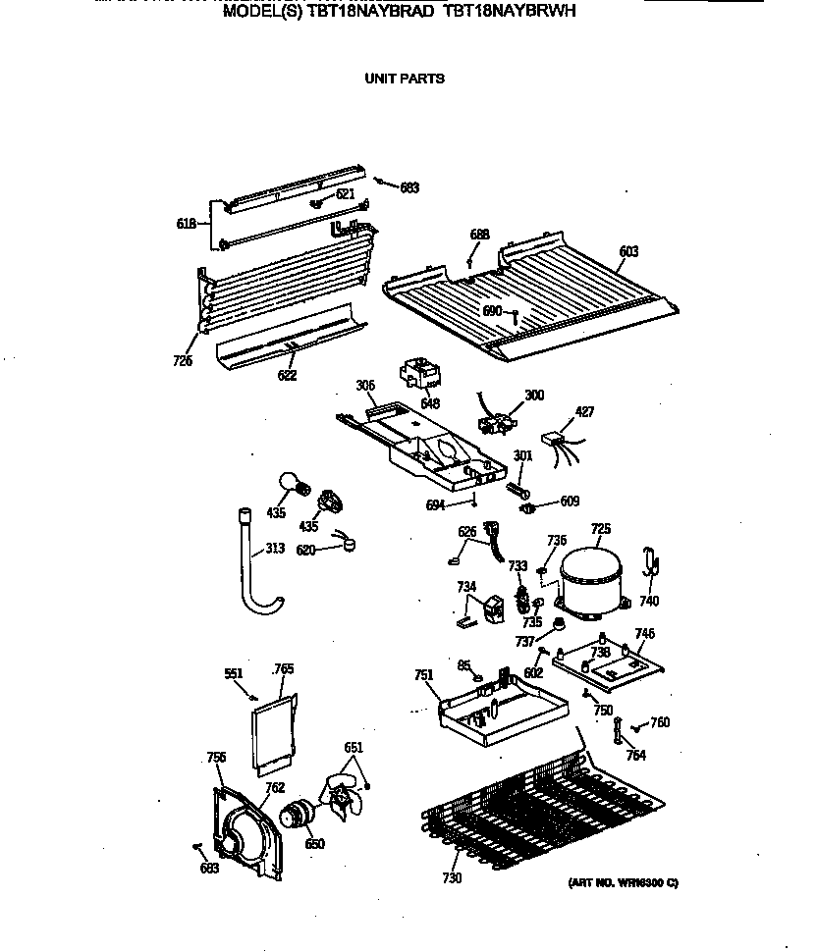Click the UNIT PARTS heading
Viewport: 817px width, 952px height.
click(405, 79)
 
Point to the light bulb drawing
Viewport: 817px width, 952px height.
click(292, 483)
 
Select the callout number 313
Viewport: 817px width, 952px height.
click(275, 549)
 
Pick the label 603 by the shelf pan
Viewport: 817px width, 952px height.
click(628, 252)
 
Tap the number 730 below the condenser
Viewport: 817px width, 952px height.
click(452, 877)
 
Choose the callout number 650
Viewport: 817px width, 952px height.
click(314, 844)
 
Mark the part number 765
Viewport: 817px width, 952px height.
click(284, 668)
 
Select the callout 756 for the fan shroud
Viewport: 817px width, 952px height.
click(216, 757)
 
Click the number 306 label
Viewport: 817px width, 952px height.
click(365, 387)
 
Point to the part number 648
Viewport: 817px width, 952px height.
click(430, 403)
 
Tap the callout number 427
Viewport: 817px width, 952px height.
click(585, 412)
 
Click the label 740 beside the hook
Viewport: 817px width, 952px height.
click(649, 601)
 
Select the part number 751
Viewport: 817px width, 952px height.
click(423, 674)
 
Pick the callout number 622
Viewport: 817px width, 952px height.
click(287, 375)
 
